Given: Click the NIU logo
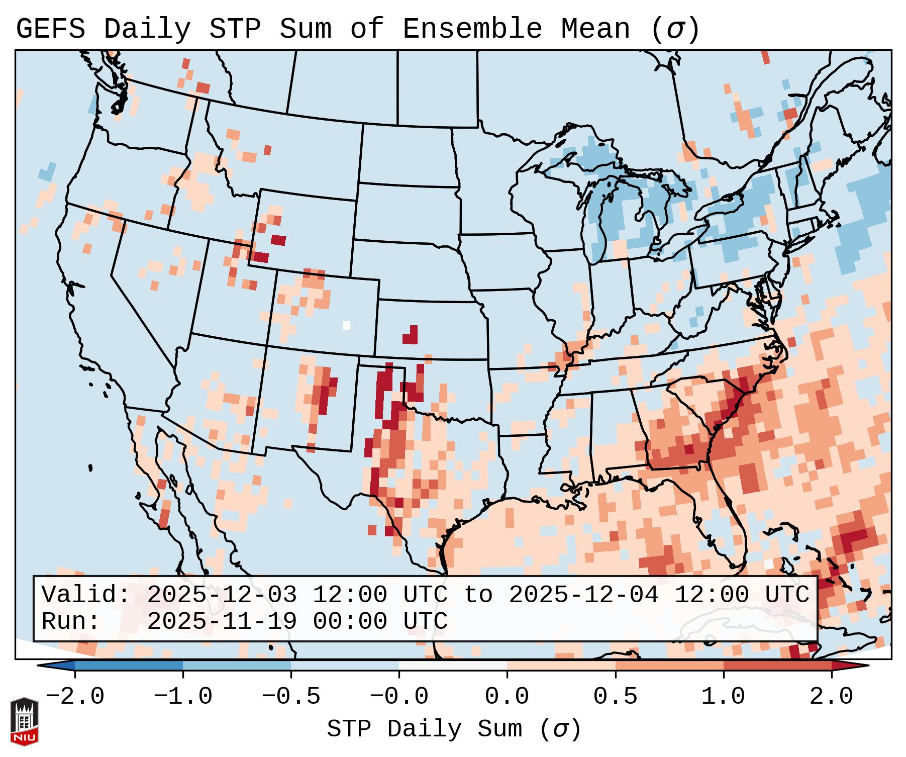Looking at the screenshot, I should (x=24, y=722).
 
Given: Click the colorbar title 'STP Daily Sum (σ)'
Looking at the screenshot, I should (x=454, y=729).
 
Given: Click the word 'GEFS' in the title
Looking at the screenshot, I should (x=50, y=29).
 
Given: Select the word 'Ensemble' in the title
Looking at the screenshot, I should (x=472, y=29).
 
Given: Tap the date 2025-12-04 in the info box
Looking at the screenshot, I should (x=583, y=595).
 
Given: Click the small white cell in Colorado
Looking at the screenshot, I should (x=346, y=325).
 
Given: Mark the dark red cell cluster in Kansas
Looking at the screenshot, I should (x=411, y=336).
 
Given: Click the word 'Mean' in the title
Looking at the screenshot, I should (x=595, y=29).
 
